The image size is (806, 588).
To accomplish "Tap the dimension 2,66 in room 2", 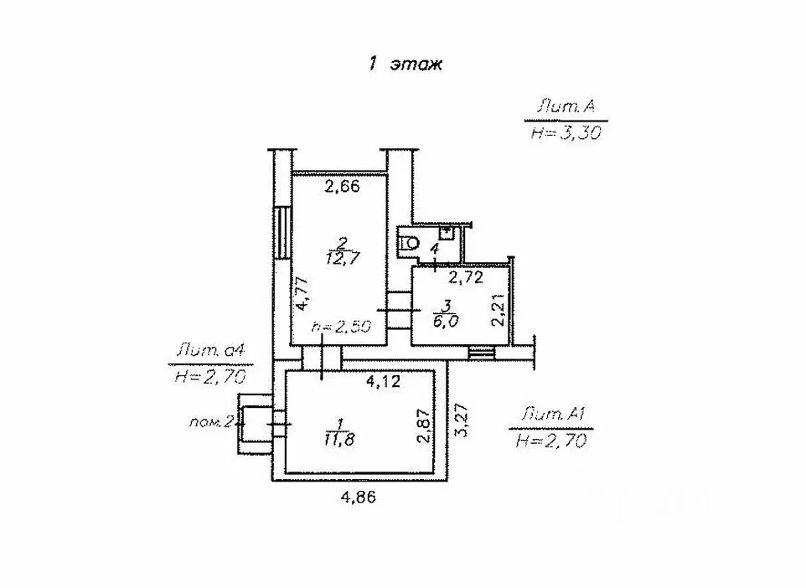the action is [343, 186].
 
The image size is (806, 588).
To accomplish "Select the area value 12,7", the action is [343, 257].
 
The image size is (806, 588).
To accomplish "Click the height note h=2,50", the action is [342, 327].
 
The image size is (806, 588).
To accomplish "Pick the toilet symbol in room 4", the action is [409, 242].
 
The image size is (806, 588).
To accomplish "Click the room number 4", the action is [434, 250].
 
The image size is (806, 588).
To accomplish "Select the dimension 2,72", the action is [466, 278].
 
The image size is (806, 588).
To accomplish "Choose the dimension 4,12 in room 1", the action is [383, 381].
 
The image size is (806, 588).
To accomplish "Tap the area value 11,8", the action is [340, 440].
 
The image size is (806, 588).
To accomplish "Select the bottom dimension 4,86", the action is [359, 498].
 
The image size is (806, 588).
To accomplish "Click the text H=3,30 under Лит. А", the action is [566, 133].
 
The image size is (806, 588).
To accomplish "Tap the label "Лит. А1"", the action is [554, 414].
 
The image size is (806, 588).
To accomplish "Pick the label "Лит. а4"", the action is [211, 352].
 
